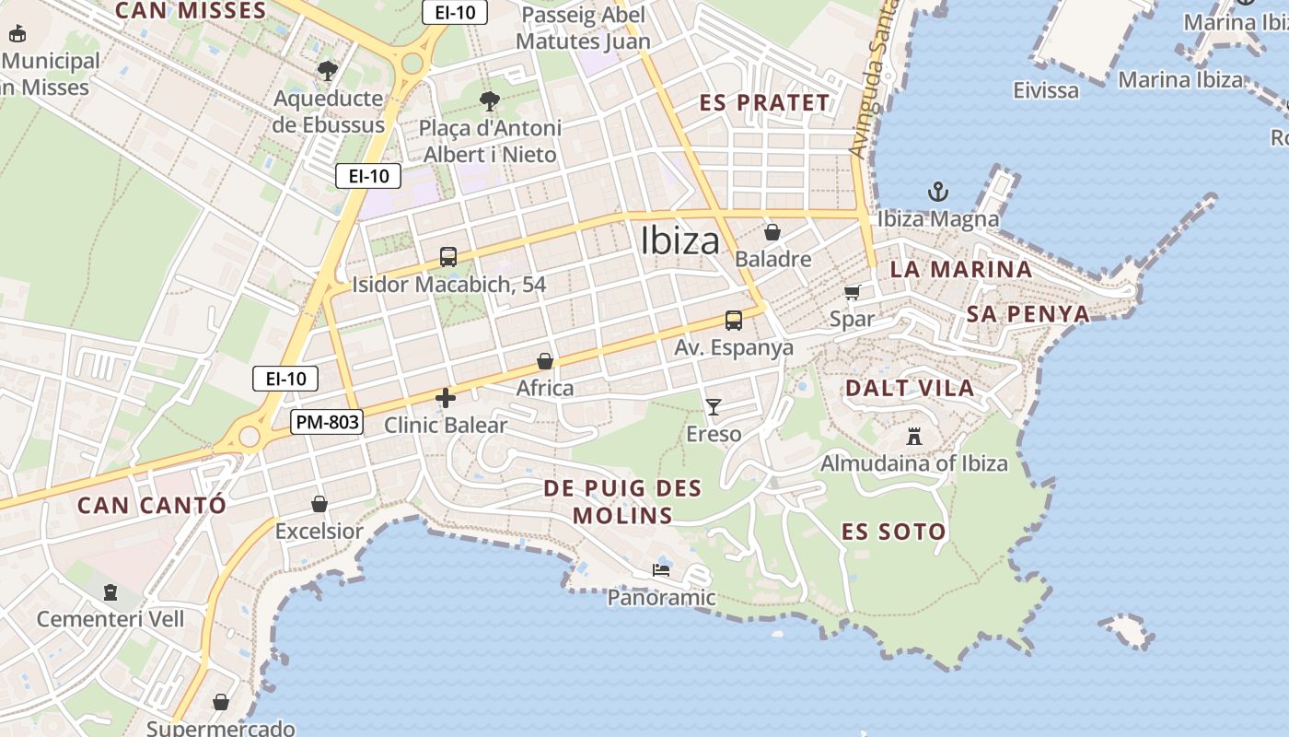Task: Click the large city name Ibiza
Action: [680, 240]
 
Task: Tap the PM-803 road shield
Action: [327, 423]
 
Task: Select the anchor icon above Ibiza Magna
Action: [937, 192]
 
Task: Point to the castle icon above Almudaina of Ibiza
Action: [914, 436]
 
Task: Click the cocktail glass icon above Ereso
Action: [714, 406]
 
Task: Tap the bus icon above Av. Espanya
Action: [734, 321]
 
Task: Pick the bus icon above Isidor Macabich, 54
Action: [448, 257]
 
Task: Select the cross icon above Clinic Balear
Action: [446, 398]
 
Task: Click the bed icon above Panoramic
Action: [661, 570]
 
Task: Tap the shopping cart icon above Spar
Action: [852, 292]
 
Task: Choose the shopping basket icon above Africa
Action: [545, 361]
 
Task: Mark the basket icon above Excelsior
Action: [319, 504]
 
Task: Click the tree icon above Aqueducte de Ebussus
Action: [328, 71]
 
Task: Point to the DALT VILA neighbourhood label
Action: [910, 388]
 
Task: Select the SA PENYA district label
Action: [1028, 314]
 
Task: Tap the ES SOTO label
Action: [893, 532]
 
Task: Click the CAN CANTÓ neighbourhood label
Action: [151, 506]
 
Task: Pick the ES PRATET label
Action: [764, 102]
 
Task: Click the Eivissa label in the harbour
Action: [1045, 90]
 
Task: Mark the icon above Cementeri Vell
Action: [110, 591]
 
